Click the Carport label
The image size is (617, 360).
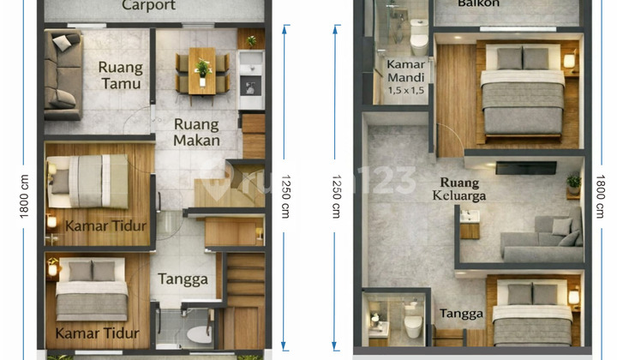click(x=148, y=6)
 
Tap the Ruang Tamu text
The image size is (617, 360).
click(x=120, y=75)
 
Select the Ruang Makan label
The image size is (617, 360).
click(x=196, y=131)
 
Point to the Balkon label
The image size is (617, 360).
click(x=478, y=4)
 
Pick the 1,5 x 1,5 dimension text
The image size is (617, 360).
click(x=406, y=90)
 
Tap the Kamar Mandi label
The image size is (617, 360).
click(x=406, y=71)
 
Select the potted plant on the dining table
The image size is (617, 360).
click(x=202, y=69)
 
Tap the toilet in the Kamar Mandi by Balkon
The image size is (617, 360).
click(x=419, y=39)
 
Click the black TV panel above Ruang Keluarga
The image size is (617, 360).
click(x=524, y=167)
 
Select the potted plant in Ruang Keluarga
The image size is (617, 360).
click(x=573, y=182)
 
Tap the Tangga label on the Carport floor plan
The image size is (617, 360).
click(x=183, y=279)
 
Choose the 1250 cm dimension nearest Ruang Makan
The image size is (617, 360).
click(x=285, y=195)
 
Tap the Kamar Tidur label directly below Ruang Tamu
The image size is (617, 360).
click(x=96, y=225)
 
